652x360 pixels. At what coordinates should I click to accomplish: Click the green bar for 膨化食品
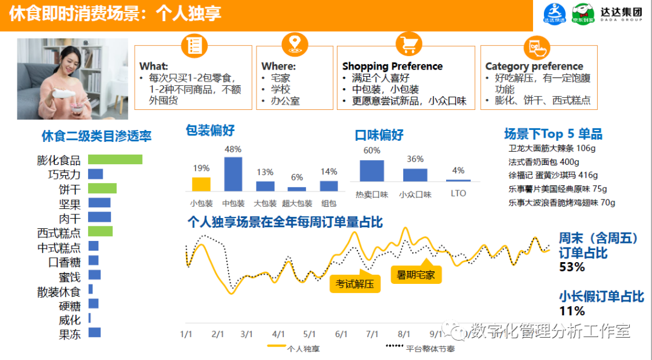(115, 159)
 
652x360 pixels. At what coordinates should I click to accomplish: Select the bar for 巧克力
(95, 174)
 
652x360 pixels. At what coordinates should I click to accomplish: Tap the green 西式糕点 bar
(100, 231)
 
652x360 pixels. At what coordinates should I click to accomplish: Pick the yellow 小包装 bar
(201, 184)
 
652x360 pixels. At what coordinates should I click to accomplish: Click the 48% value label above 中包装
(233, 149)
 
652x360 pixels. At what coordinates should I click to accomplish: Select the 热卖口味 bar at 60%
(372, 170)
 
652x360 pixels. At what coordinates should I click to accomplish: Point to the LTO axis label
(458, 194)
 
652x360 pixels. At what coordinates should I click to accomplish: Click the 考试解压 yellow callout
(355, 284)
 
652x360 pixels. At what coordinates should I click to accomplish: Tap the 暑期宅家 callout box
(415, 275)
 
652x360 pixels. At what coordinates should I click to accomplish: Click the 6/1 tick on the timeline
(341, 334)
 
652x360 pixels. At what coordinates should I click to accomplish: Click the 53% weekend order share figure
(572, 267)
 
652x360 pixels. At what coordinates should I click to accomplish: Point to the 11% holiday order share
(572, 311)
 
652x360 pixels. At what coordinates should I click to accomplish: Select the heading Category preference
(534, 66)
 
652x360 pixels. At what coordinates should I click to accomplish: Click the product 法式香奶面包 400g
(543, 162)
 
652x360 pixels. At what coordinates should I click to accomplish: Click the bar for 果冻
(94, 332)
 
